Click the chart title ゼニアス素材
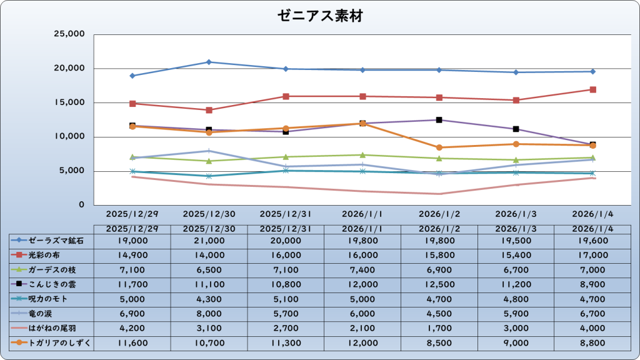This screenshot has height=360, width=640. pyautogui.click(x=319, y=16)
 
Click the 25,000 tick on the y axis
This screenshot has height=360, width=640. pyautogui.click(x=69, y=34)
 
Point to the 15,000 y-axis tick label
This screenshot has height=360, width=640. pyautogui.click(x=69, y=102)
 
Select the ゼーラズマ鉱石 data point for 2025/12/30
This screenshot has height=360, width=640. pyautogui.click(x=209, y=62)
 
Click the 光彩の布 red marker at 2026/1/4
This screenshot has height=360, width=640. pyautogui.click(x=592, y=89)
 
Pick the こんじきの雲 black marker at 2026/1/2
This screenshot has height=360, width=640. pyautogui.click(x=439, y=120)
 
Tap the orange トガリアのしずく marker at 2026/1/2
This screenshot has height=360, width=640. pyautogui.click(x=439, y=147)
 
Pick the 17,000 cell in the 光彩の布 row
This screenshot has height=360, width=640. pyautogui.click(x=592, y=255)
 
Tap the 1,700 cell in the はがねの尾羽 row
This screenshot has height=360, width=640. pyautogui.click(x=439, y=327)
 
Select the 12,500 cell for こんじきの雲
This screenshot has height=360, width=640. pyautogui.click(x=439, y=284)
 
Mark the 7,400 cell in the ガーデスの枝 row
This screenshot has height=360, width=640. pyautogui.click(x=362, y=269)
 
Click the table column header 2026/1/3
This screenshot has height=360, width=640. pyautogui.click(x=516, y=229)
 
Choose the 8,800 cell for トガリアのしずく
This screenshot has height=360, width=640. pyautogui.click(x=592, y=342)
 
